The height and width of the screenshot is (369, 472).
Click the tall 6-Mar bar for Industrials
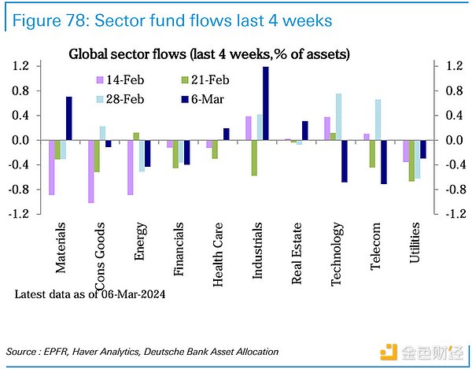point(266,104)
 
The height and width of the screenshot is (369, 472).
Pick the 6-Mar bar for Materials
point(69,119)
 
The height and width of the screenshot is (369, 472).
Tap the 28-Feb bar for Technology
point(338,117)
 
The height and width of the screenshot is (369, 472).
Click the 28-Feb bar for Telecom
point(378,120)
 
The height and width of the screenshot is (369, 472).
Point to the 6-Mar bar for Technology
point(345,161)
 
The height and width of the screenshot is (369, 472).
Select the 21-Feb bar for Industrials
point(254,158)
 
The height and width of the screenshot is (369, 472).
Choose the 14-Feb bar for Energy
point(131,168)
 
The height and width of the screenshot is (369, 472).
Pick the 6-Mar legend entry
point(201,100)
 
